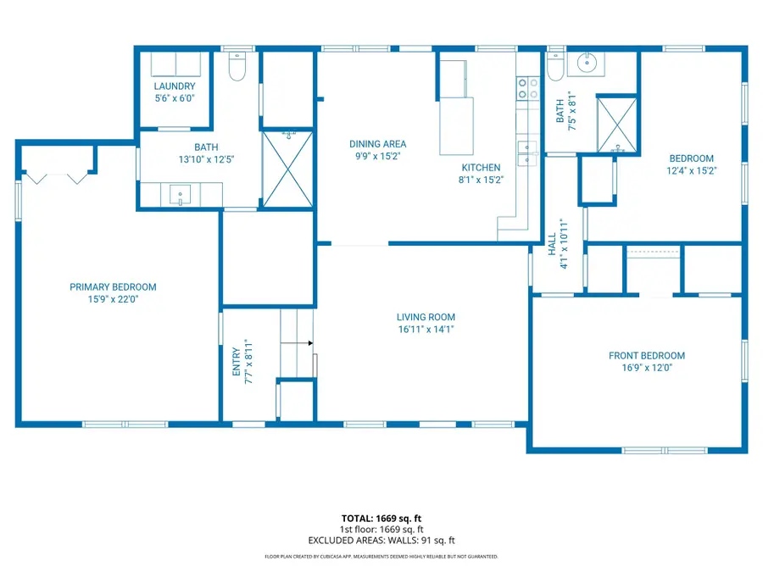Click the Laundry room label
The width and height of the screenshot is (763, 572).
[175, 86]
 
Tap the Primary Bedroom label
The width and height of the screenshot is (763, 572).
[113, 287]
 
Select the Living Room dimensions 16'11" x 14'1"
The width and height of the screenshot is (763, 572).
[426, 330]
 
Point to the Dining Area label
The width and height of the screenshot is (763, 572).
[377, 144]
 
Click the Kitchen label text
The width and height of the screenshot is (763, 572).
[481, 168]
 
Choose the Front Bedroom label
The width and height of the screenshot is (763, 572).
[646, 356]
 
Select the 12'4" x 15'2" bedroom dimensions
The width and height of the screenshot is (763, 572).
[691, 170]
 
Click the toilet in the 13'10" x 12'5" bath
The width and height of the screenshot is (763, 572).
[237, 68]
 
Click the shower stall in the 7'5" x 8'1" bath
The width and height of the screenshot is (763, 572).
[616, 124]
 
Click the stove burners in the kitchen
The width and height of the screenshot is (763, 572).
[527, 89]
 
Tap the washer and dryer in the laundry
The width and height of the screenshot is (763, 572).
[175, 64]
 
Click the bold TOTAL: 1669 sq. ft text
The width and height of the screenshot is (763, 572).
[381, 518]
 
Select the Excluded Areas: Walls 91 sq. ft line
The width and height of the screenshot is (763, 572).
[381, 540]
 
